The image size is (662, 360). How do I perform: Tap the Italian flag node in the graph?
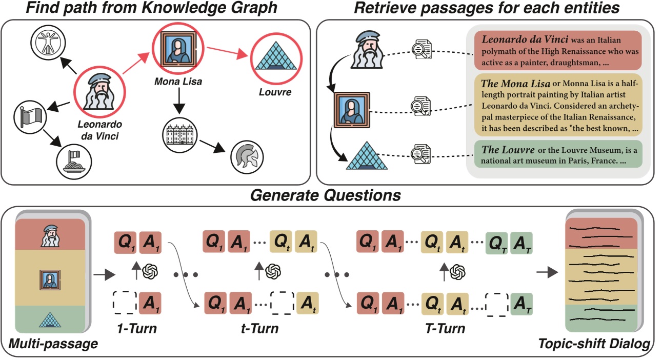tap(31, 116)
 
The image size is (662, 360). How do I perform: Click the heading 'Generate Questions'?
tap(327, 195)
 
